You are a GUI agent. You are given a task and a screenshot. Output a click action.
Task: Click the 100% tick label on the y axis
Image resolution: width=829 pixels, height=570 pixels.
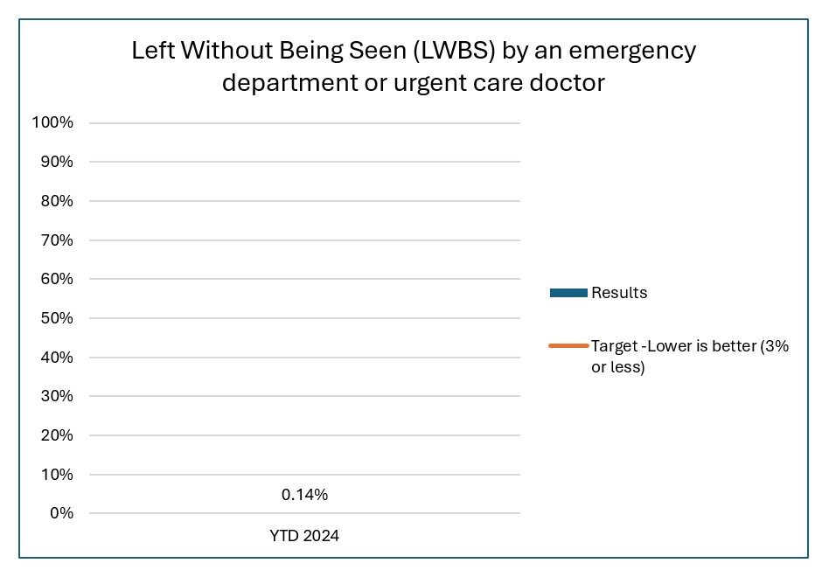click(x=52, y=122)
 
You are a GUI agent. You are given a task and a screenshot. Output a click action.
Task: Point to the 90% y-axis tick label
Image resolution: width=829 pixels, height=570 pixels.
click(x=55, y=162)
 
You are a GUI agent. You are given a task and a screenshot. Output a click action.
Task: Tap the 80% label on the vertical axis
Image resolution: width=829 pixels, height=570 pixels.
click(x=55, y=201)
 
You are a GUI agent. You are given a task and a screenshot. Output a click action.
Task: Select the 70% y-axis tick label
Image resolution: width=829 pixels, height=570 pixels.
click(x=55, y=240)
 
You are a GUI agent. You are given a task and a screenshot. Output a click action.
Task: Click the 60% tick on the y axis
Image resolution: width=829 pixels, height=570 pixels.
click(x=55, y=279)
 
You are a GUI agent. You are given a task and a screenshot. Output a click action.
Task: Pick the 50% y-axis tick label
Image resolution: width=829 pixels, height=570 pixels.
click(x=55, y=318)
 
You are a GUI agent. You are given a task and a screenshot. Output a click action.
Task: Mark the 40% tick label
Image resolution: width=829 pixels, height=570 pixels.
click(x=55, y=358)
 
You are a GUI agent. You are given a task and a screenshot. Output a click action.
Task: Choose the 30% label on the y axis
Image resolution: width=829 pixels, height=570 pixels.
click(x=55, y=396)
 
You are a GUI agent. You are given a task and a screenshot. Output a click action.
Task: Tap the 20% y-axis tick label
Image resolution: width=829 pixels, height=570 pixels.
click(x=55, y=435)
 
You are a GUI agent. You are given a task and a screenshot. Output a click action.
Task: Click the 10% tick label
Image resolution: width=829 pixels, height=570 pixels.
click(x=55, y=475)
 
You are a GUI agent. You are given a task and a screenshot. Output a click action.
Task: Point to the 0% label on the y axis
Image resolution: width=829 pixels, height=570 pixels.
click(x=59, y=513)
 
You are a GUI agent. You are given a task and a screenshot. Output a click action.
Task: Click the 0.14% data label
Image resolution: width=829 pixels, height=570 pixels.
click(x=304, y=495)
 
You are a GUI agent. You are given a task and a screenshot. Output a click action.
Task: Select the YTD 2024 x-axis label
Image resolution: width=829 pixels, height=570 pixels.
click(x=304, y=536)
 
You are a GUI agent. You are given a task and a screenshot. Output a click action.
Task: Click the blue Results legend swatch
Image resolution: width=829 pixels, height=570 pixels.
click(x=568, y=293)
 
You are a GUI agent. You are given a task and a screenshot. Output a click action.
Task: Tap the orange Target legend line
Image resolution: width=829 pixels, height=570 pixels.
click(x=568, y=346)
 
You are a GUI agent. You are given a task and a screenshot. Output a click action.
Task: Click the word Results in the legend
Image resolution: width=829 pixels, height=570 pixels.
click(x=619, y=293)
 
